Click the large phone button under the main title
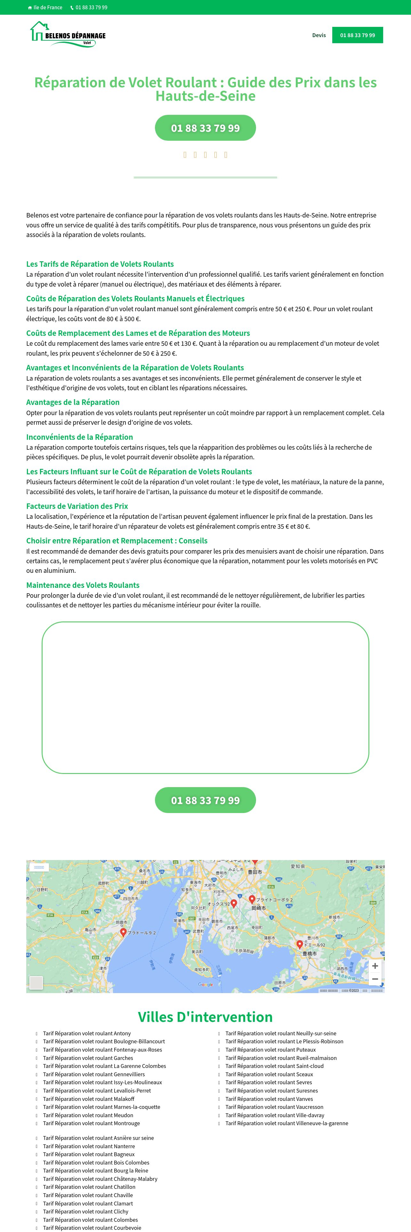(205, 128)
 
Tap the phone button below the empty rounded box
(205, 800)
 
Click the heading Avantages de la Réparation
(73, 402)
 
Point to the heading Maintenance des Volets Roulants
(83, 585)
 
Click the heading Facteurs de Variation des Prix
(77, 506)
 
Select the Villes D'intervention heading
(205, 1016)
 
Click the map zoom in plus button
(375, 966)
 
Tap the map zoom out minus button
(375, 979)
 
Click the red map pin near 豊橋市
(300, 944)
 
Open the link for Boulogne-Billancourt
(104, 1041)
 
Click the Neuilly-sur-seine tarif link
(281, 1033)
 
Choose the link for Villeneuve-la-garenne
(286, 1123)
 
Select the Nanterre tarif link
(89, 1146)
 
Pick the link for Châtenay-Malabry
(100, 1179)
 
